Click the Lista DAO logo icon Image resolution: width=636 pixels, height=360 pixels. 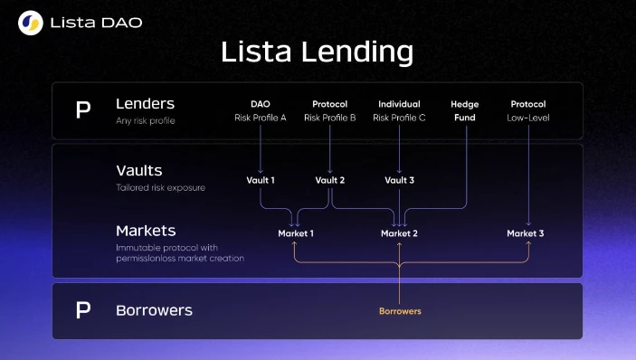pyautogui.click(x=30, y=23)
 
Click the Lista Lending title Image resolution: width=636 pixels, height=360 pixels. pyautogui.click(x=318, y=52)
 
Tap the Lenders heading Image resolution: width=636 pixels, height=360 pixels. pyautogui.click(x=145, y=104)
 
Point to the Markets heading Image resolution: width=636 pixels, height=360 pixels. pyautogui.click(x=145, y=232)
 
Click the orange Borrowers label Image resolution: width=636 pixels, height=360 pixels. pyautogui.click(x=399, y=311)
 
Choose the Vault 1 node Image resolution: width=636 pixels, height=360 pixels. pyautogui.click(x=261, y=180)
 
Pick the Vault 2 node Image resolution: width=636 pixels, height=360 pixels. pyautogui.click(x=329, y=180)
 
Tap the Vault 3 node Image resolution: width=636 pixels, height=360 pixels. pyautogui.click(x=399, y=180)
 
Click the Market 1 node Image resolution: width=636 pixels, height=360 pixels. pyautogui.click(x=296, y=233)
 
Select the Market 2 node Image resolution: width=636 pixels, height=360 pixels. pyautogui.click(x=399, y=233)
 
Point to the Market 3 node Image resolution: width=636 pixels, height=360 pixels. pyautogui.click(x=526, y=233)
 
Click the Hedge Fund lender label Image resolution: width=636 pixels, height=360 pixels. pyautogui.click(x=465, y=110)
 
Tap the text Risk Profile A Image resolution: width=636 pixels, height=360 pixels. pyautogui.click(x=261, y=118)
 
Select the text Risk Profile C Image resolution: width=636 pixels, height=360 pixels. pyautogui.click(x=399, y=118)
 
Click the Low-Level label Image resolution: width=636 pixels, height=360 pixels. pyautogui.click(x=528, y=118)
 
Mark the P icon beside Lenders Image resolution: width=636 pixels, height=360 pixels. pyautogui.click(x=83, y=110)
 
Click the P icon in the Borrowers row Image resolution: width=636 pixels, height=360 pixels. pyautogui.click(x=83, y=310)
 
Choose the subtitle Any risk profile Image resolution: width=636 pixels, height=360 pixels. pyautogui.click(x=146, y=120)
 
